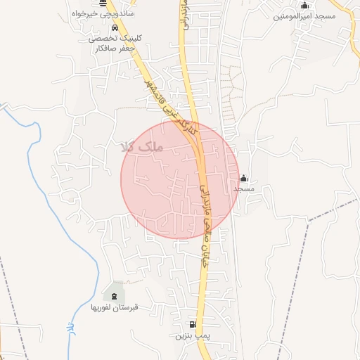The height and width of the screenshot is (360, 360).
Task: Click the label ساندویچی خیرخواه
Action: [105, 13]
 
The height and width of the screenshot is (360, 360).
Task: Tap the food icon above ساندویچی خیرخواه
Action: [103, 4]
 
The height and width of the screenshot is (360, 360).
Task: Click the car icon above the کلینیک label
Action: [105, 28]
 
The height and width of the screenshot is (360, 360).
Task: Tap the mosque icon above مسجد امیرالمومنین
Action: [304, 6]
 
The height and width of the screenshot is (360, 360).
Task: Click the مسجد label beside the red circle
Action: [244, 189]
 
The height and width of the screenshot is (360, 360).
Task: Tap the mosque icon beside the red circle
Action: [244, 179]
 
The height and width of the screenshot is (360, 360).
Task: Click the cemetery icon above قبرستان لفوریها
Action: [115, 296]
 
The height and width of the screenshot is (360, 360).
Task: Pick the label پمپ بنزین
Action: [193, 336]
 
